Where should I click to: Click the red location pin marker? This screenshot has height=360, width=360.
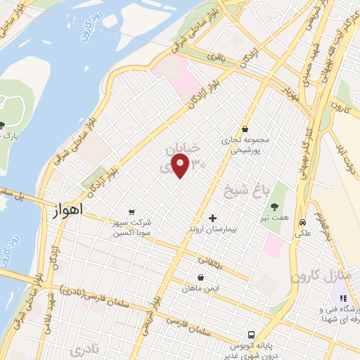pos(181,167)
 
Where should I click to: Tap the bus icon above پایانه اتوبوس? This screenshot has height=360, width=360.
pos(251,335)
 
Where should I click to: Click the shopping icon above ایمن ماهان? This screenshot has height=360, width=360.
pos(201,276)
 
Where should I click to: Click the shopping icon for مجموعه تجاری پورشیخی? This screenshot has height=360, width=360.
pos(244,129)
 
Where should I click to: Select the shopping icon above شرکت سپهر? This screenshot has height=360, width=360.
pos(131,211)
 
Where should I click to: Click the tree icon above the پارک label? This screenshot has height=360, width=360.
pos(3,124)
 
